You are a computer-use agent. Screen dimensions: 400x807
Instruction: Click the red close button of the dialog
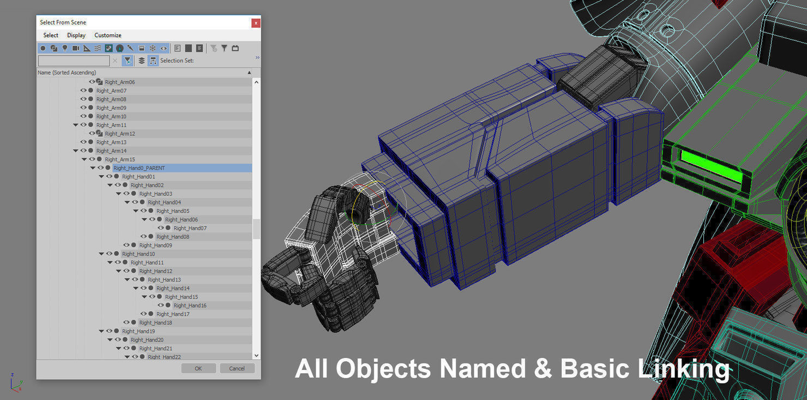click(x=256, y=23)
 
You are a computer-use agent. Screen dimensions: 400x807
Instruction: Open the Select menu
click(x=51, y=35)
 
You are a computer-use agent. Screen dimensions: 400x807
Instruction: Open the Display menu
click(x=76, y=35)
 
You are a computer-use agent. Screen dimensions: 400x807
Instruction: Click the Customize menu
click(x=108, y=35)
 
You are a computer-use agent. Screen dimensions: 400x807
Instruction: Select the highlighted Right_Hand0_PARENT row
click(x=140, y=168)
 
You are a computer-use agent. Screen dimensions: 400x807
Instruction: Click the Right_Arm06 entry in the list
click(x=120, y=82)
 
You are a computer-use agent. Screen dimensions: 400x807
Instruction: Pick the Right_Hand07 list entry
click(x=190, y=228)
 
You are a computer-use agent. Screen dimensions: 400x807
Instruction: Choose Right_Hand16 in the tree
click(x=190, y=306)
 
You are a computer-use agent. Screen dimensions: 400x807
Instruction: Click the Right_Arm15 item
click(x=120, y=159)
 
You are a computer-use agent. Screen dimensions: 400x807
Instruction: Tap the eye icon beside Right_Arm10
click(x=83, y=116)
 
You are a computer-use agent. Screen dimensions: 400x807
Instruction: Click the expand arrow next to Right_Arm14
click(x=76, y=151)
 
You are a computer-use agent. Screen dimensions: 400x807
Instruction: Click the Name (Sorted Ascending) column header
click(x=67, y=73)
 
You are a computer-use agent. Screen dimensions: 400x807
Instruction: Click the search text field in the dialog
click(x=74, y=61)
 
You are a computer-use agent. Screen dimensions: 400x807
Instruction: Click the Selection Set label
click(x=177, y=61)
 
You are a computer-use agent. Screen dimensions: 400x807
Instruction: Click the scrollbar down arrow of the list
click(x=256, y=355)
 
